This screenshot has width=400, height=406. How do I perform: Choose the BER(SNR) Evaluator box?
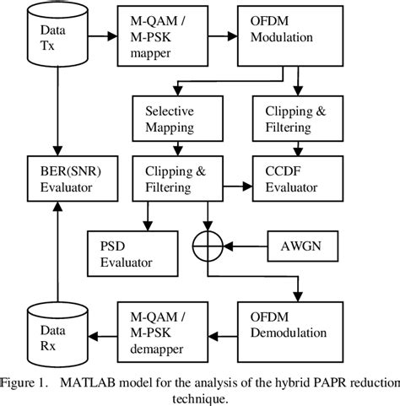pyautogui.click(x=61, y=179)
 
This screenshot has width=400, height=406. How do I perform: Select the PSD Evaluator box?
pyautogui.click(x=133, y=251)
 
